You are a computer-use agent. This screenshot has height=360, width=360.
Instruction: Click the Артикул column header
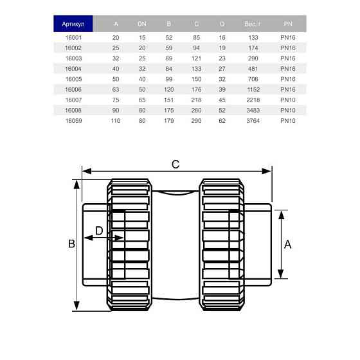73,24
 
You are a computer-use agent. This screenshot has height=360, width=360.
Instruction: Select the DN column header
142,24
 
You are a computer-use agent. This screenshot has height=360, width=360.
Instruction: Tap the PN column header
287,24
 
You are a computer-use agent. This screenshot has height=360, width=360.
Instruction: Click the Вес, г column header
253,24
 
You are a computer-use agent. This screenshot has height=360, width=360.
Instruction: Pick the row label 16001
73,38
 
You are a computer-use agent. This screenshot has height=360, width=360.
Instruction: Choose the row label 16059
73,121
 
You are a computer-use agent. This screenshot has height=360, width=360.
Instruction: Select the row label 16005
73,79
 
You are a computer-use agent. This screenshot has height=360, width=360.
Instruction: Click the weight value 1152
253,89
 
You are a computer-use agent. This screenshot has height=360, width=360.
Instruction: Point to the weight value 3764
253,121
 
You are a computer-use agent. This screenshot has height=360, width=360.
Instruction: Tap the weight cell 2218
253,100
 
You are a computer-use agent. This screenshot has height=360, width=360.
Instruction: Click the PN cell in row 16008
287,111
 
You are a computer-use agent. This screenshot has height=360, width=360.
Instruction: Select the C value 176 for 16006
196,89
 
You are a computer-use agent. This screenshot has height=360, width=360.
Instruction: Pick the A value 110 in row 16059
116,121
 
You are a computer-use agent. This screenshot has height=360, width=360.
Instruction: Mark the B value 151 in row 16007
169,100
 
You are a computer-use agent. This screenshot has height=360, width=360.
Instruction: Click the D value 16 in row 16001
222,38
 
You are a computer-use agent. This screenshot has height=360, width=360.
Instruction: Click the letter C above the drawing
175,164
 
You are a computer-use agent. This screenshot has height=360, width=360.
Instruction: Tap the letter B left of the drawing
72,244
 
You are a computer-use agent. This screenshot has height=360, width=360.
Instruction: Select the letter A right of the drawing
287,244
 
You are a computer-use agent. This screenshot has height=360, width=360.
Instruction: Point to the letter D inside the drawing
99,230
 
